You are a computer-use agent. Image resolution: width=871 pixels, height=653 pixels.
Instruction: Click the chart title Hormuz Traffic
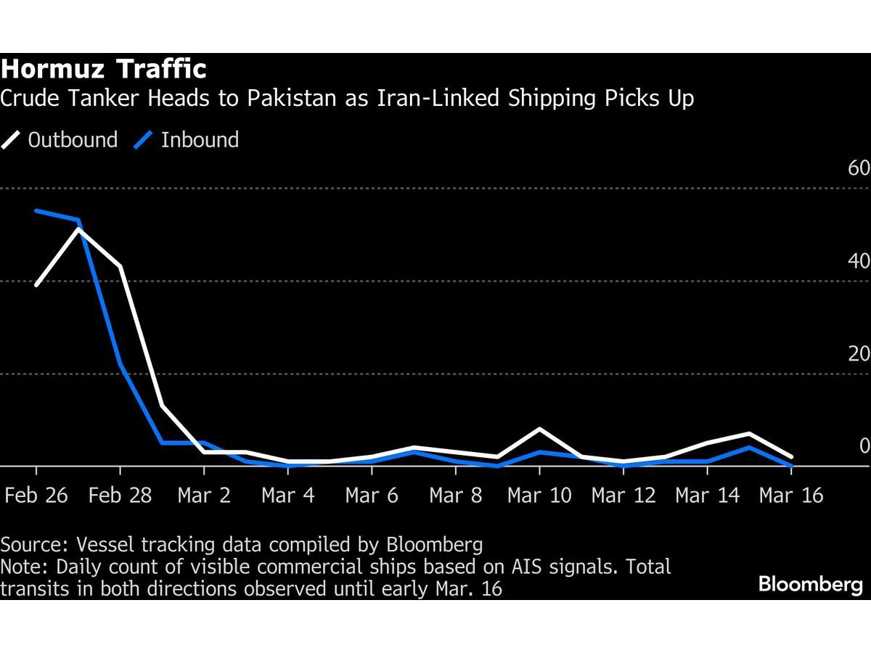(104, 70)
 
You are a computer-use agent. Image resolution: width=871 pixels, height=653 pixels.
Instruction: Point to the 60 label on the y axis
(859, 168)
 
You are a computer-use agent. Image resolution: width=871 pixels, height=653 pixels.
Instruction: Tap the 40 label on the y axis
(859, 261)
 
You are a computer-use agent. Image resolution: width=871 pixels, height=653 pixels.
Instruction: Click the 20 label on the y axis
(859, 354)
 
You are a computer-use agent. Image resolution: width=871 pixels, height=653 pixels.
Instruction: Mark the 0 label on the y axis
(864, 446)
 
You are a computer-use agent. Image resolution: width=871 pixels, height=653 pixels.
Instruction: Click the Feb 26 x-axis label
(36, 496)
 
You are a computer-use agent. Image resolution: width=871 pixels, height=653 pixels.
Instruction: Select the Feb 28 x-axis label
(120, 496)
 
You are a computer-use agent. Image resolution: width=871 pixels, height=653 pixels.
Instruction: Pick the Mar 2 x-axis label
(205, 496)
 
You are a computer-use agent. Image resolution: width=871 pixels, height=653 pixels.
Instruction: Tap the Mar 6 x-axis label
(372, 496)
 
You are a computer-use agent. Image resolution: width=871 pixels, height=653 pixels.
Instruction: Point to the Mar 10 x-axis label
(539, 496)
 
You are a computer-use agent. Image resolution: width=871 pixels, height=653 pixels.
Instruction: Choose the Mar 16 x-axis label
(791, 496)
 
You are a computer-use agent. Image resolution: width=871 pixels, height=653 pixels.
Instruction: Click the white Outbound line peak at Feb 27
(78, 229)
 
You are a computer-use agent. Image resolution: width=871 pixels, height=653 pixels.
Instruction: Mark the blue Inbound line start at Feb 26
(36, 211)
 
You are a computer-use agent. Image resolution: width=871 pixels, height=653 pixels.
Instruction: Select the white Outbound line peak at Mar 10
(539, 430)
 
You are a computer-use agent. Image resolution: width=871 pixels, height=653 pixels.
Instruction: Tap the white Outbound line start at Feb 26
(36, 285)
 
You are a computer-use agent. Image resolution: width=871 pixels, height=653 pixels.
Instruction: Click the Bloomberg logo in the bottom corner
(811, 585)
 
